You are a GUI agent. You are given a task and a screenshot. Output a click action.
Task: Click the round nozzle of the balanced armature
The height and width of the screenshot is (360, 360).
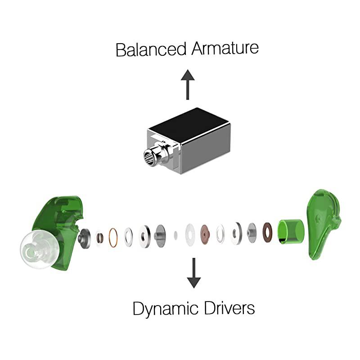pyautogui.click(x=150, y=157)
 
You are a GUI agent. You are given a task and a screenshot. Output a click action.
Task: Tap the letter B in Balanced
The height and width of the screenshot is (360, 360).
pyautogui.click(x=120, y=49)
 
